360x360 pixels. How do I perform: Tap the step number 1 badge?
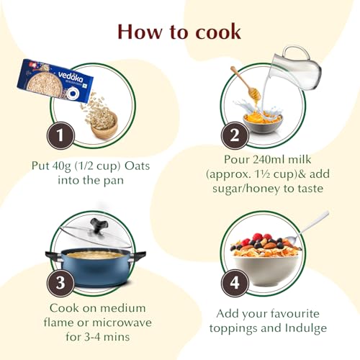(x=60, y=135)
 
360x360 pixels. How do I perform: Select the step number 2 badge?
(x=235, y=135)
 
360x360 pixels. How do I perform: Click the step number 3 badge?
(x=60, y=283)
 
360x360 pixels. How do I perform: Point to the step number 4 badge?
(x=235, y=283)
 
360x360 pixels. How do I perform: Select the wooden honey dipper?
(x=246, y=84)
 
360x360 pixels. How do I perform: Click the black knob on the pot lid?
(x=98, y=226)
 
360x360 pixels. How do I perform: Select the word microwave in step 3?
(x=122, y=323)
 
